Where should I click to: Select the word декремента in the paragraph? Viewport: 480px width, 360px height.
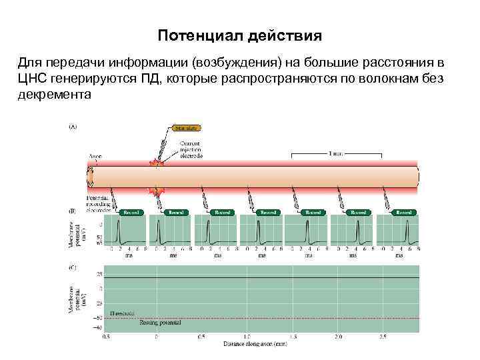pos(53,95)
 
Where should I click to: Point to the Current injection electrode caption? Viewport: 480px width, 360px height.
pos(191,149)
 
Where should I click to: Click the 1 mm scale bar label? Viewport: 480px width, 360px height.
pos(337,153)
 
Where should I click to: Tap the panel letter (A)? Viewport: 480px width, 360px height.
pos(73,126)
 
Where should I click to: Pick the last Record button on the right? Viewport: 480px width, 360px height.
pos(403,212)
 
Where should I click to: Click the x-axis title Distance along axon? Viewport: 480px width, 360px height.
pos(255,344)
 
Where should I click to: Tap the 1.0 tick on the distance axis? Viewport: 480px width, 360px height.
pos(247,337)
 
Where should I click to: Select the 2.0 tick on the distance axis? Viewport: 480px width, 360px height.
pos(338,337)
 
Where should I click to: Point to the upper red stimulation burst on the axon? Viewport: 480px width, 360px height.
pos(155,163)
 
